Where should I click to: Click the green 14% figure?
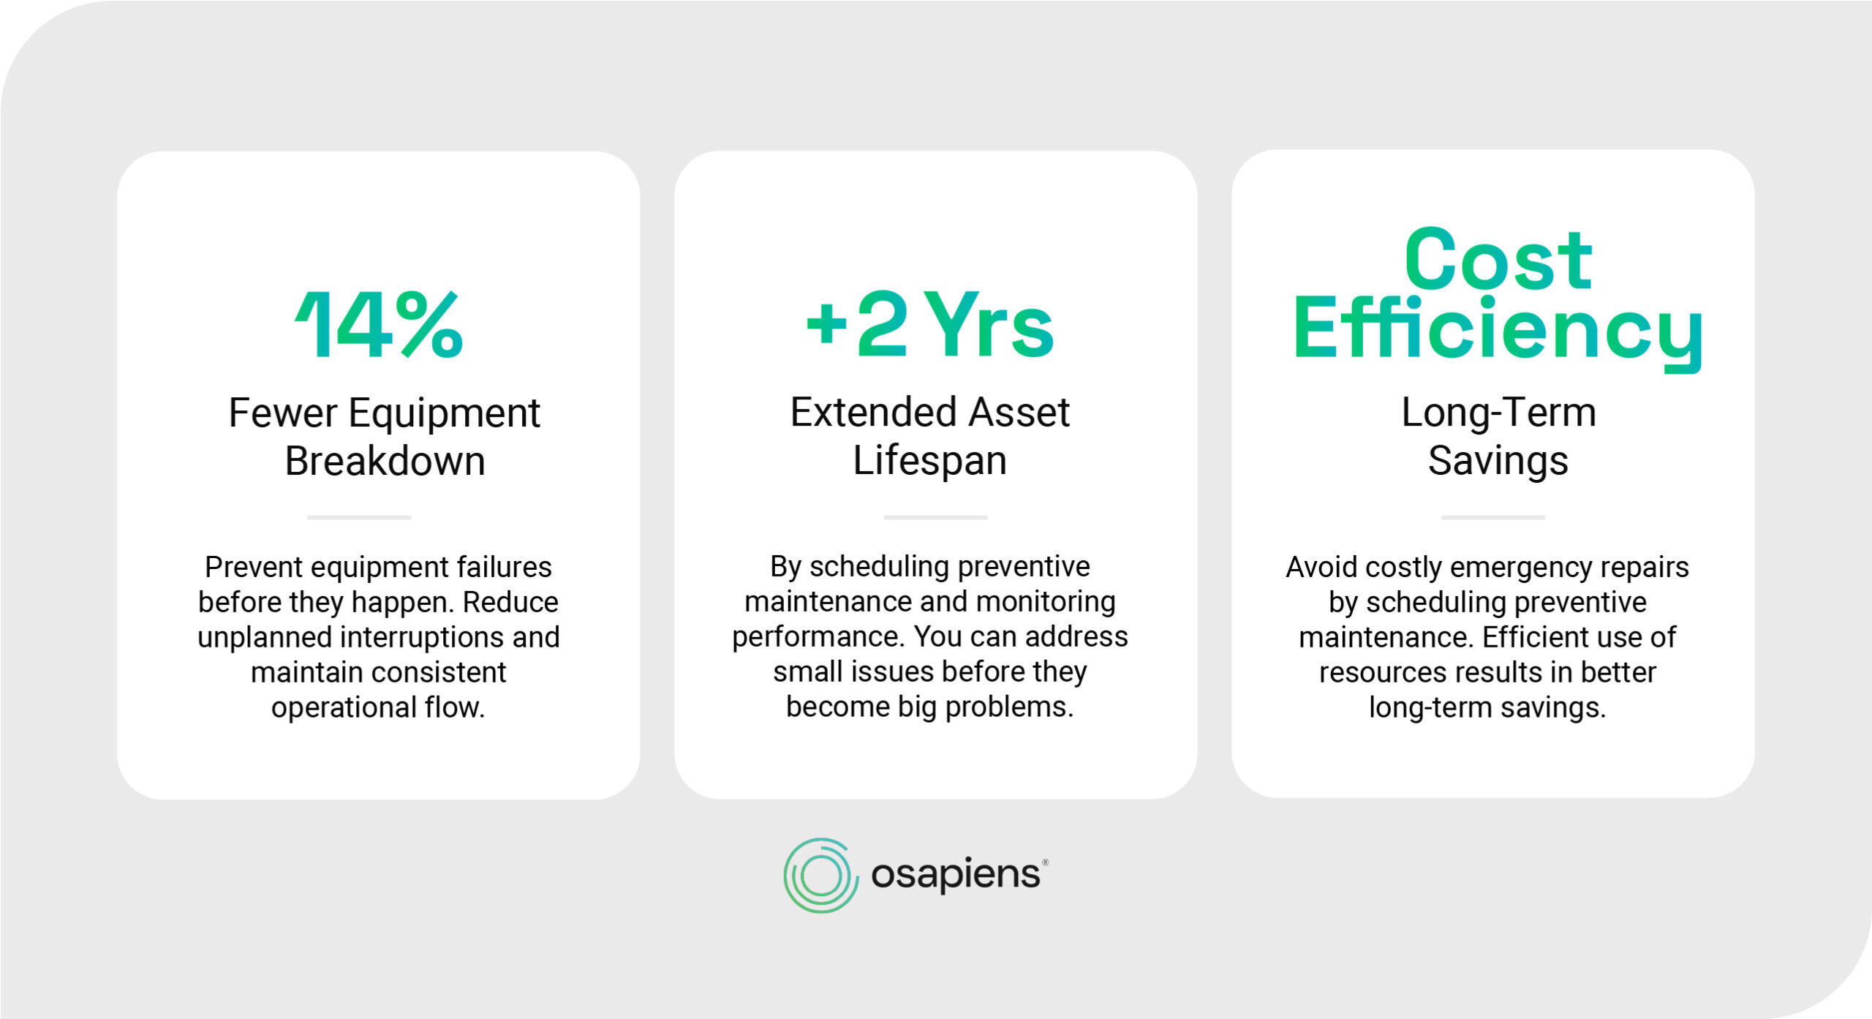[x=379, y=325]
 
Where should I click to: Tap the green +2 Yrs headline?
[x=929, y=325]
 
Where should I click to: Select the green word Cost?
[x=1498, y=260]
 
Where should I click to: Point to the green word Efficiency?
[x=1498, y=329]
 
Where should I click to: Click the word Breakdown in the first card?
[x=385, y=462]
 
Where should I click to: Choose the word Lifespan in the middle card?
[x=929, y=461]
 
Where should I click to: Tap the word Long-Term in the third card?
[x=1498, y=413]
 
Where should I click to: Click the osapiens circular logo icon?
[x=820, y=876]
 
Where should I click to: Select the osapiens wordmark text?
[x=956, y=874]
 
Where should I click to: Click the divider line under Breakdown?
[x=358, y=517]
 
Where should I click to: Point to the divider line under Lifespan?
[x=935, y=517]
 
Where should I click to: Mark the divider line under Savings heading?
[x=1492, y=517]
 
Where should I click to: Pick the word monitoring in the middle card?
[x=1046, y=602]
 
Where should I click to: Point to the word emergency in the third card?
[x=1509, y=568]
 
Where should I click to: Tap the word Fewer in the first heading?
[x=282, y=413]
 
